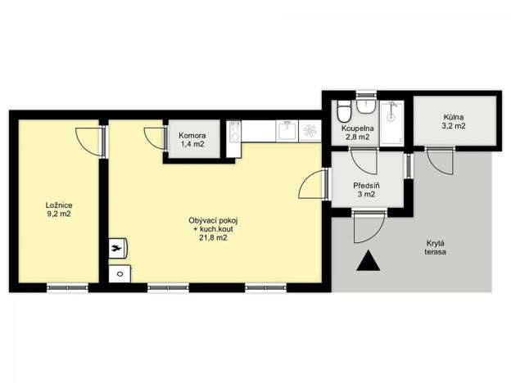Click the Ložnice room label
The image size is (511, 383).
click(58, 204)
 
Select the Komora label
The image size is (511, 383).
click(193, 135)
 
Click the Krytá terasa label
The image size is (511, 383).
click(435, 248)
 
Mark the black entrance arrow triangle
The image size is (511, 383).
click(369, 263)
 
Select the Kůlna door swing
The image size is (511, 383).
click(439, 160)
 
